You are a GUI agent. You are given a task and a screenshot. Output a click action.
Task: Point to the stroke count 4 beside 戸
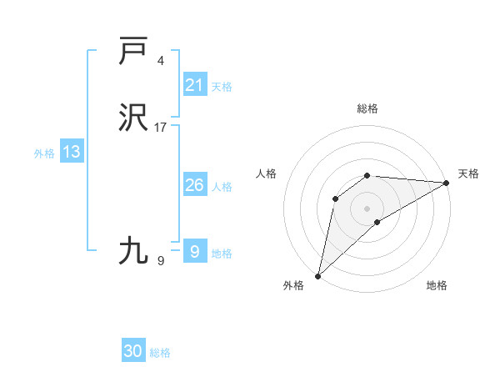pyautogui.click(x=161, y=61)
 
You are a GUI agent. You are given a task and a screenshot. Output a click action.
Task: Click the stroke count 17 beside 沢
pyautogui.click(x=161, y=128)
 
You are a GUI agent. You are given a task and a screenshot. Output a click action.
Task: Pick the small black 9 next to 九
pyautogui.click(x=161, y=261)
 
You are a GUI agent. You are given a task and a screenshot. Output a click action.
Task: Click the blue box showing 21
pyautogui.click(x=194, y=84)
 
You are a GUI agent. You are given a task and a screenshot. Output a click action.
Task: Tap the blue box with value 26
pyautogui.click(x=194, y=185)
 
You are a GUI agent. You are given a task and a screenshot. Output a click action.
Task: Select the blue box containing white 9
pyautogui.click(x=194, y=251)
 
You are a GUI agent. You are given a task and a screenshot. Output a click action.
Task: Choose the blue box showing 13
pyautogui.click(x=72, y=152)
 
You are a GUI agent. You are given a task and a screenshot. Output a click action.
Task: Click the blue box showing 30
pyautogui.click(x=133, y=352)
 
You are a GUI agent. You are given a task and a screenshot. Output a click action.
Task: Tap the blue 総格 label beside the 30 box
pyautogui.click(x=160, y=353)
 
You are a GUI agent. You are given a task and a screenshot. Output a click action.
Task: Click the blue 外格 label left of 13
pyautogui.click(x=44, y=153)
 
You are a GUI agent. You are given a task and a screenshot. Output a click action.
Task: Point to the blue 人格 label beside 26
pyautogui.click(x=222, y=187)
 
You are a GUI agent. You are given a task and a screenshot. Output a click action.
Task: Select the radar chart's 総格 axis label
pyautogui.click(x=367, y=108)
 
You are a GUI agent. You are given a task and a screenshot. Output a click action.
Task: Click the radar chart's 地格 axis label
pyautogui.click(x=437, y=285)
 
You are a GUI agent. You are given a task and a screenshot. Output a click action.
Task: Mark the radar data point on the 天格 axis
pyautogui.click(x=447, y=183)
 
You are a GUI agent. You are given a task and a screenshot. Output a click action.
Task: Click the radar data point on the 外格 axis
pyautogui.click(x=317, y=276)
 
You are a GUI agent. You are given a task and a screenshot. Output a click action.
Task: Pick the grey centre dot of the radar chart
pyautogui.click(x=367, y=208)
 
